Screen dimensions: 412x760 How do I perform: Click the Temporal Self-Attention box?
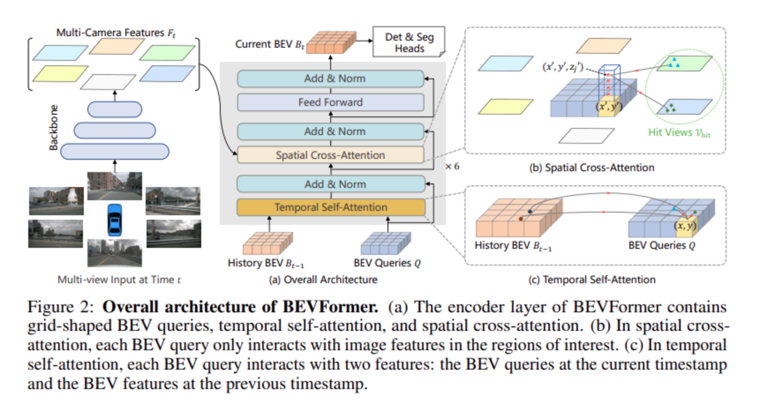point(331,207)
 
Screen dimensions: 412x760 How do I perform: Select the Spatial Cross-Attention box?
point(331,155)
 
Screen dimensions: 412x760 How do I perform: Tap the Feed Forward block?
point(331,102)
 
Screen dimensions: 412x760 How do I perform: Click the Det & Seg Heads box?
point(409,42)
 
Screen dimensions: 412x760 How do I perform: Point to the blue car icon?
point(115,219)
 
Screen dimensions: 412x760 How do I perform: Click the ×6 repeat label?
point(452,166)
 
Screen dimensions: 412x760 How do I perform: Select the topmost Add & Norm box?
point(331,79)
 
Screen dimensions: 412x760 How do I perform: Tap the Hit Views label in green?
point(679,132)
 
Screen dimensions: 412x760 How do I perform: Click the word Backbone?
point(53,127)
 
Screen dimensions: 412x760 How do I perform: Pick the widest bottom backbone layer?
point(115,151)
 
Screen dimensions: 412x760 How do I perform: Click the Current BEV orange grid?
point(331,43)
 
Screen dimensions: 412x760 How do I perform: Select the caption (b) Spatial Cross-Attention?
point(591,168)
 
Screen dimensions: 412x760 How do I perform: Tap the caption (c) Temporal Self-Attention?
point(591,280)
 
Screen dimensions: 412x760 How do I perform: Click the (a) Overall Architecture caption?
point(323,280)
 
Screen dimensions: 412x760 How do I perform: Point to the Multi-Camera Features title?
point(116,33)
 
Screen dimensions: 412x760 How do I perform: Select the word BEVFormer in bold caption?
point(330,307)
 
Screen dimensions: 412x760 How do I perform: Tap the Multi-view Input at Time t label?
point(119,280)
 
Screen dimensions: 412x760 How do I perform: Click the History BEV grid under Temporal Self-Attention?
point(267,243)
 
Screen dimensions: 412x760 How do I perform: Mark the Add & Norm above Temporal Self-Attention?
point(331,184)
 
